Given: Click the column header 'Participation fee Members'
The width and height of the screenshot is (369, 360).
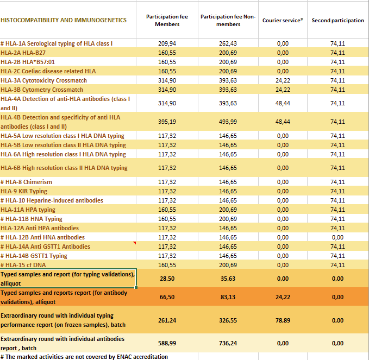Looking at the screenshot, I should pyautogui.click(x=167, y=21).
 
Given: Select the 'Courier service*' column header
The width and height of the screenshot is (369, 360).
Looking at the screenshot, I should pyautogui.click(x=283, y=21).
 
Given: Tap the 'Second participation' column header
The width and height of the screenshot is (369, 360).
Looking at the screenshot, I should pyautogui.click(x=337, y=21).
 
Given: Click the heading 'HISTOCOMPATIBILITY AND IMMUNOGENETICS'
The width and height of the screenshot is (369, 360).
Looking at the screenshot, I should pyautogui.click(x=64, y=21).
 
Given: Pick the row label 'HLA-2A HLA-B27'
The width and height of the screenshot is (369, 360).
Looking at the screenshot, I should pyautogui.click(x=23, y=53).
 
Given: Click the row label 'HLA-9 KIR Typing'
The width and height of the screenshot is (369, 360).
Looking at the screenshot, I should pyautogui.click(x=24, y=191).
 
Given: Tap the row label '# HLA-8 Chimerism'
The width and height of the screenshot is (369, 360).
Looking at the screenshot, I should pyautogui.click(x=27, y=182).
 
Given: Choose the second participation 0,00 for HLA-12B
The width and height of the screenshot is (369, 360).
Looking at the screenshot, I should pyautogui.click(x=337, y=237).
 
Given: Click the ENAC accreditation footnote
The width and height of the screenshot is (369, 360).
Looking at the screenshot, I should pyautogui.click(x=84, y=357).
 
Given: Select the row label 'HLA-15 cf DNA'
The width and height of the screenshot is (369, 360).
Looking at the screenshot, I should pyautogui.click(x=23, y=265).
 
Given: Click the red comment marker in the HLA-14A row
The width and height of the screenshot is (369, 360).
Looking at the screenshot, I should pyautogui.click(x=134, y=244).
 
